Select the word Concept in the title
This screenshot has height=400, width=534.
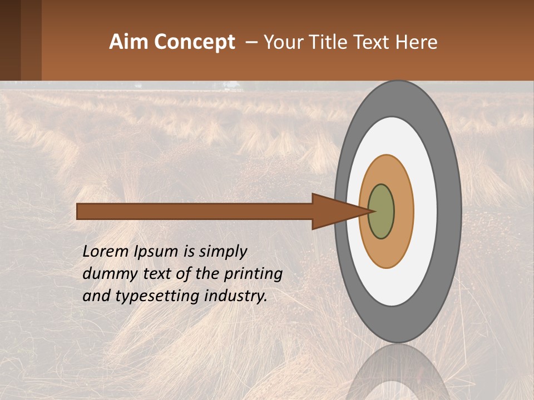click(194, 42)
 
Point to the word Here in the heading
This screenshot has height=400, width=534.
click(416, 42)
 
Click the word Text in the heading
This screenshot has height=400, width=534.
click(373, 42)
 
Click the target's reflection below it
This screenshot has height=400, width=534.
click(397, 372)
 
